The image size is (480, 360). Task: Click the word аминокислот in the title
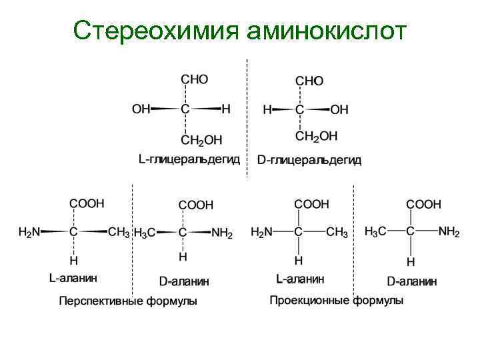point(325,31)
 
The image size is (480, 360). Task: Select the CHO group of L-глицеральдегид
point(195,79)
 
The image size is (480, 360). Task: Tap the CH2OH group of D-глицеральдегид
point(317,136)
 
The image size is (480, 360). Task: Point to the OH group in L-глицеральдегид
point(141,109)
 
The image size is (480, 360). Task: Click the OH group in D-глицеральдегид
point(339,109)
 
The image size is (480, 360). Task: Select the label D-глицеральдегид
point(309,160)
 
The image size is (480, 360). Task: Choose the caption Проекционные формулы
point(336,301)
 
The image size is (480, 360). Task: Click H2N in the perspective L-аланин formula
point(29,232)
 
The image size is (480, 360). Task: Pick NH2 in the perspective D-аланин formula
point(222,233)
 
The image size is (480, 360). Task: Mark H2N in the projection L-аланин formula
point(261,232)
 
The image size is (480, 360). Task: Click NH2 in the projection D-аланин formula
point(449,232)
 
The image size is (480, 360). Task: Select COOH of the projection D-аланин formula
point(424,205)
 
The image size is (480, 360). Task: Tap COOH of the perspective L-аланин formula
point(87,203)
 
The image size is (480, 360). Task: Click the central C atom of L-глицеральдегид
point(185,109)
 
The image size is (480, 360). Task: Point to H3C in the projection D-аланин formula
point(377,232)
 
